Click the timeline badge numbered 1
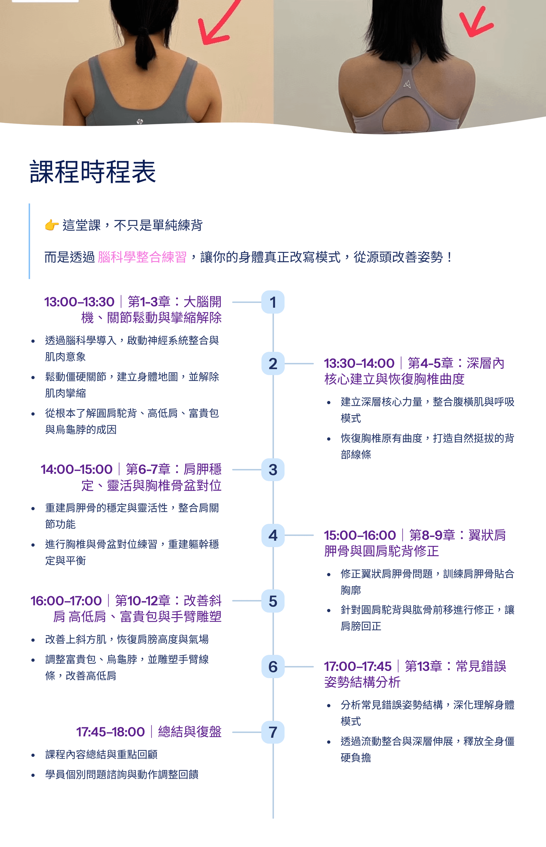(273, 302)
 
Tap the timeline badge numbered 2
(273, 363)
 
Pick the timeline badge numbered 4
(273, 535)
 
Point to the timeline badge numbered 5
(273, 601)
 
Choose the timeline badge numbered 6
(273, 667)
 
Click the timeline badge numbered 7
(273, 732)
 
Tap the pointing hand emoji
(52, 225)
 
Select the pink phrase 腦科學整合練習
(142, 257)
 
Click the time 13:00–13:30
(79, 302)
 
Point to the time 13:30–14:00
(359, 363)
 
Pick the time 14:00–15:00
(76, 469)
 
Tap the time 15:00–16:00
(359, 535)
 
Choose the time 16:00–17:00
(66, 601)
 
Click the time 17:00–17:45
(357, 666)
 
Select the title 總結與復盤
(189, 732)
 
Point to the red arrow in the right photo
(475, 23)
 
